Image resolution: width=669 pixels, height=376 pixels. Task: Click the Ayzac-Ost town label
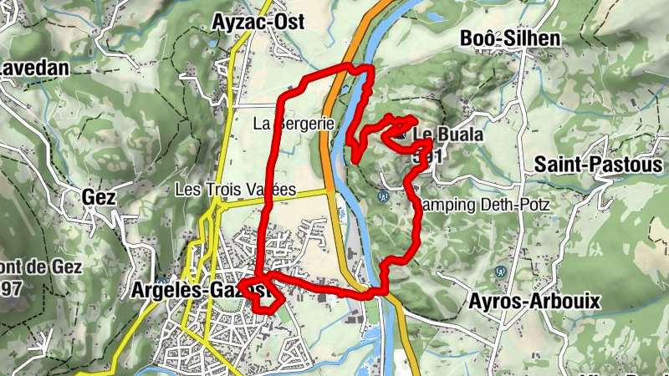pyautogui.click(x=259, y=22)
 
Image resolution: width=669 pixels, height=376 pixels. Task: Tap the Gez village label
pyautogui.click(x=98, y=197)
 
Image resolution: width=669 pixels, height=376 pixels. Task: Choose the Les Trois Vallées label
pyautogui.click(x=236, y=190)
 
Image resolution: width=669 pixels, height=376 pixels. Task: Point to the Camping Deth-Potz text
pyautogui.click(x=477, y=204)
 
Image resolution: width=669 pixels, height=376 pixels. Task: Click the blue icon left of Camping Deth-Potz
pyautogui.click(x=383, y=196)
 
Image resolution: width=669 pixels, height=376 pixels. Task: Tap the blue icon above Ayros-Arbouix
pyautogui.click(x=500, y=272)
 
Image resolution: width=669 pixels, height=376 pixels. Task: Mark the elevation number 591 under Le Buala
pyautogui.click(x=428, y=156)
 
